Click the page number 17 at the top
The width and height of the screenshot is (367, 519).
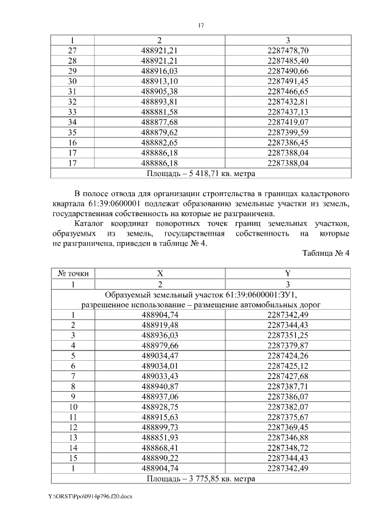(x=200, y=25)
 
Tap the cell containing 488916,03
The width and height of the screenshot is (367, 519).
(x=160, y=71)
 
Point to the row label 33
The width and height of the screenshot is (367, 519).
(x=72, y=112)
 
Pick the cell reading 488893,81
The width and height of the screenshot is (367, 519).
(x=160, y=102)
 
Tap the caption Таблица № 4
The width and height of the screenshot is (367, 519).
(x=325, y=253)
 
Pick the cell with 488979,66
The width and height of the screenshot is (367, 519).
(x=160, y=345)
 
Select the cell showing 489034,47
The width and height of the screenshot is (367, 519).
(x=160, y=356)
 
